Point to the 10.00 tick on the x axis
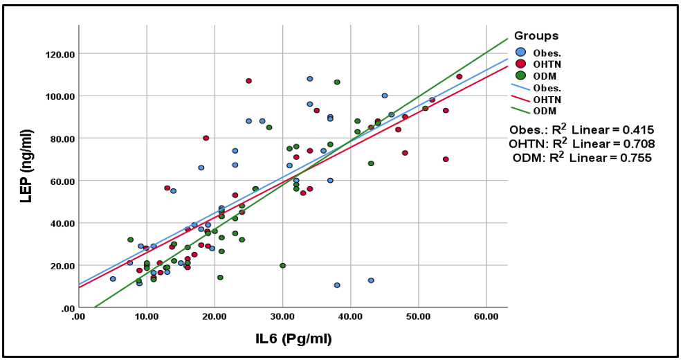pos(146,316)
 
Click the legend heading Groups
pos(536,36)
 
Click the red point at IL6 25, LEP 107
pos(248,81)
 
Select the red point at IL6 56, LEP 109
pos(459,77)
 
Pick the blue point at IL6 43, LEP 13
pos(371,280)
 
